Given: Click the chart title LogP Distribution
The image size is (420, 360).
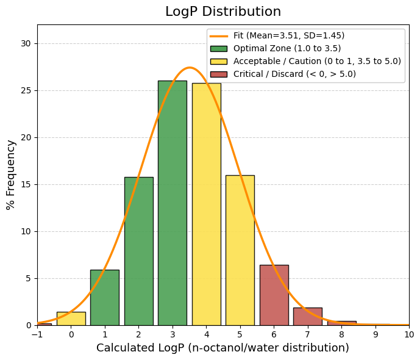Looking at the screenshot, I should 222,12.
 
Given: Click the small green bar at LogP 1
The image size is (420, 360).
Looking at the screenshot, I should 105,298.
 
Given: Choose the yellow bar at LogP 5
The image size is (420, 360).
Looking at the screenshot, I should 240,250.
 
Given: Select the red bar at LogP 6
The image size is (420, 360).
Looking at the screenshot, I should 274,295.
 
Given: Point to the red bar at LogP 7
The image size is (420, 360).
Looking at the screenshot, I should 308,317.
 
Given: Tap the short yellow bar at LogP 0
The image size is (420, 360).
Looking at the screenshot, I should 71,319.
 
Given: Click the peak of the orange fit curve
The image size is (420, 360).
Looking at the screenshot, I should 190,68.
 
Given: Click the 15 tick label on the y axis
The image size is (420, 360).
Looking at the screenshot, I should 26,184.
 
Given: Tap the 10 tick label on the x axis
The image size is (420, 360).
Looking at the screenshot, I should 409,334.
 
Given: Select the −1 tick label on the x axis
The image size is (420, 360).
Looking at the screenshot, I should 37,334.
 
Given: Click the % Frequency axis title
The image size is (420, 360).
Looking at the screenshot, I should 11,175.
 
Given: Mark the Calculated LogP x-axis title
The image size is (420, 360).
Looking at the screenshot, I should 222,348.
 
